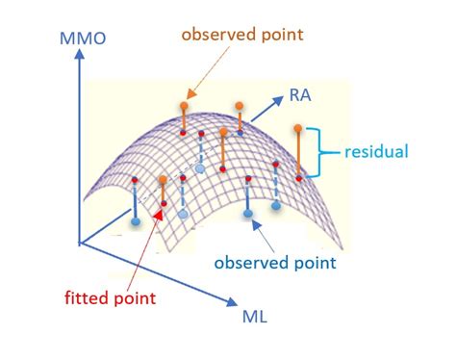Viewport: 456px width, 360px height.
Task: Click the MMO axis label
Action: click(84, 39)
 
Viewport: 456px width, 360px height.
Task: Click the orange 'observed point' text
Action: click(241, 35)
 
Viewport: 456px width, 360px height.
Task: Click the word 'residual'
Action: click(377, 151)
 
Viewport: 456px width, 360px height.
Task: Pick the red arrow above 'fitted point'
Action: click(144, 241)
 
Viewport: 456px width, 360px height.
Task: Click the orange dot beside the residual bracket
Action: click(299, 127)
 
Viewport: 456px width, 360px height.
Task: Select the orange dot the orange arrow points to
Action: click(184, 102)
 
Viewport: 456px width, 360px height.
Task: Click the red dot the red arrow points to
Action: click(165, 204)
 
